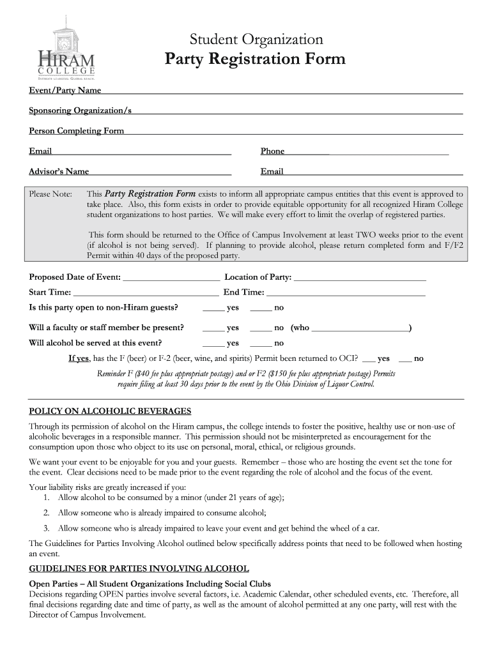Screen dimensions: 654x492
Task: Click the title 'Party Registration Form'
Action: click(x=255, y=59)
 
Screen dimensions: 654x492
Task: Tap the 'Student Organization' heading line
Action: click(x=255, y=39)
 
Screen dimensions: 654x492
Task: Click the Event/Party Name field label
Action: click(x=65, y=90)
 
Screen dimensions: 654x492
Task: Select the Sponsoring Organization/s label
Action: click(x=80, y=110)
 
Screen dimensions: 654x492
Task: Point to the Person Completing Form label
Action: click(x=77, y=131)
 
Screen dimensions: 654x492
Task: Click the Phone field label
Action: click(x=272, y=151)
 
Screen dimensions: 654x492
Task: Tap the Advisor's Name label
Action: click(x=59, y=172)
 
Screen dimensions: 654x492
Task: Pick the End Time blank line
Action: click(x=345, y=293)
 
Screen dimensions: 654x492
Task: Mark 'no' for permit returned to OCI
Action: click(x=405, y=359)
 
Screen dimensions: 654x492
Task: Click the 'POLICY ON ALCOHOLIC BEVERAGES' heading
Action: click(x=110, y=411)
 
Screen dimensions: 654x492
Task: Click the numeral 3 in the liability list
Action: click(x=47, y=528)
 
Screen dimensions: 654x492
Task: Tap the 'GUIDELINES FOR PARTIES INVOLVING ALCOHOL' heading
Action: click(x=139, y=568)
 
